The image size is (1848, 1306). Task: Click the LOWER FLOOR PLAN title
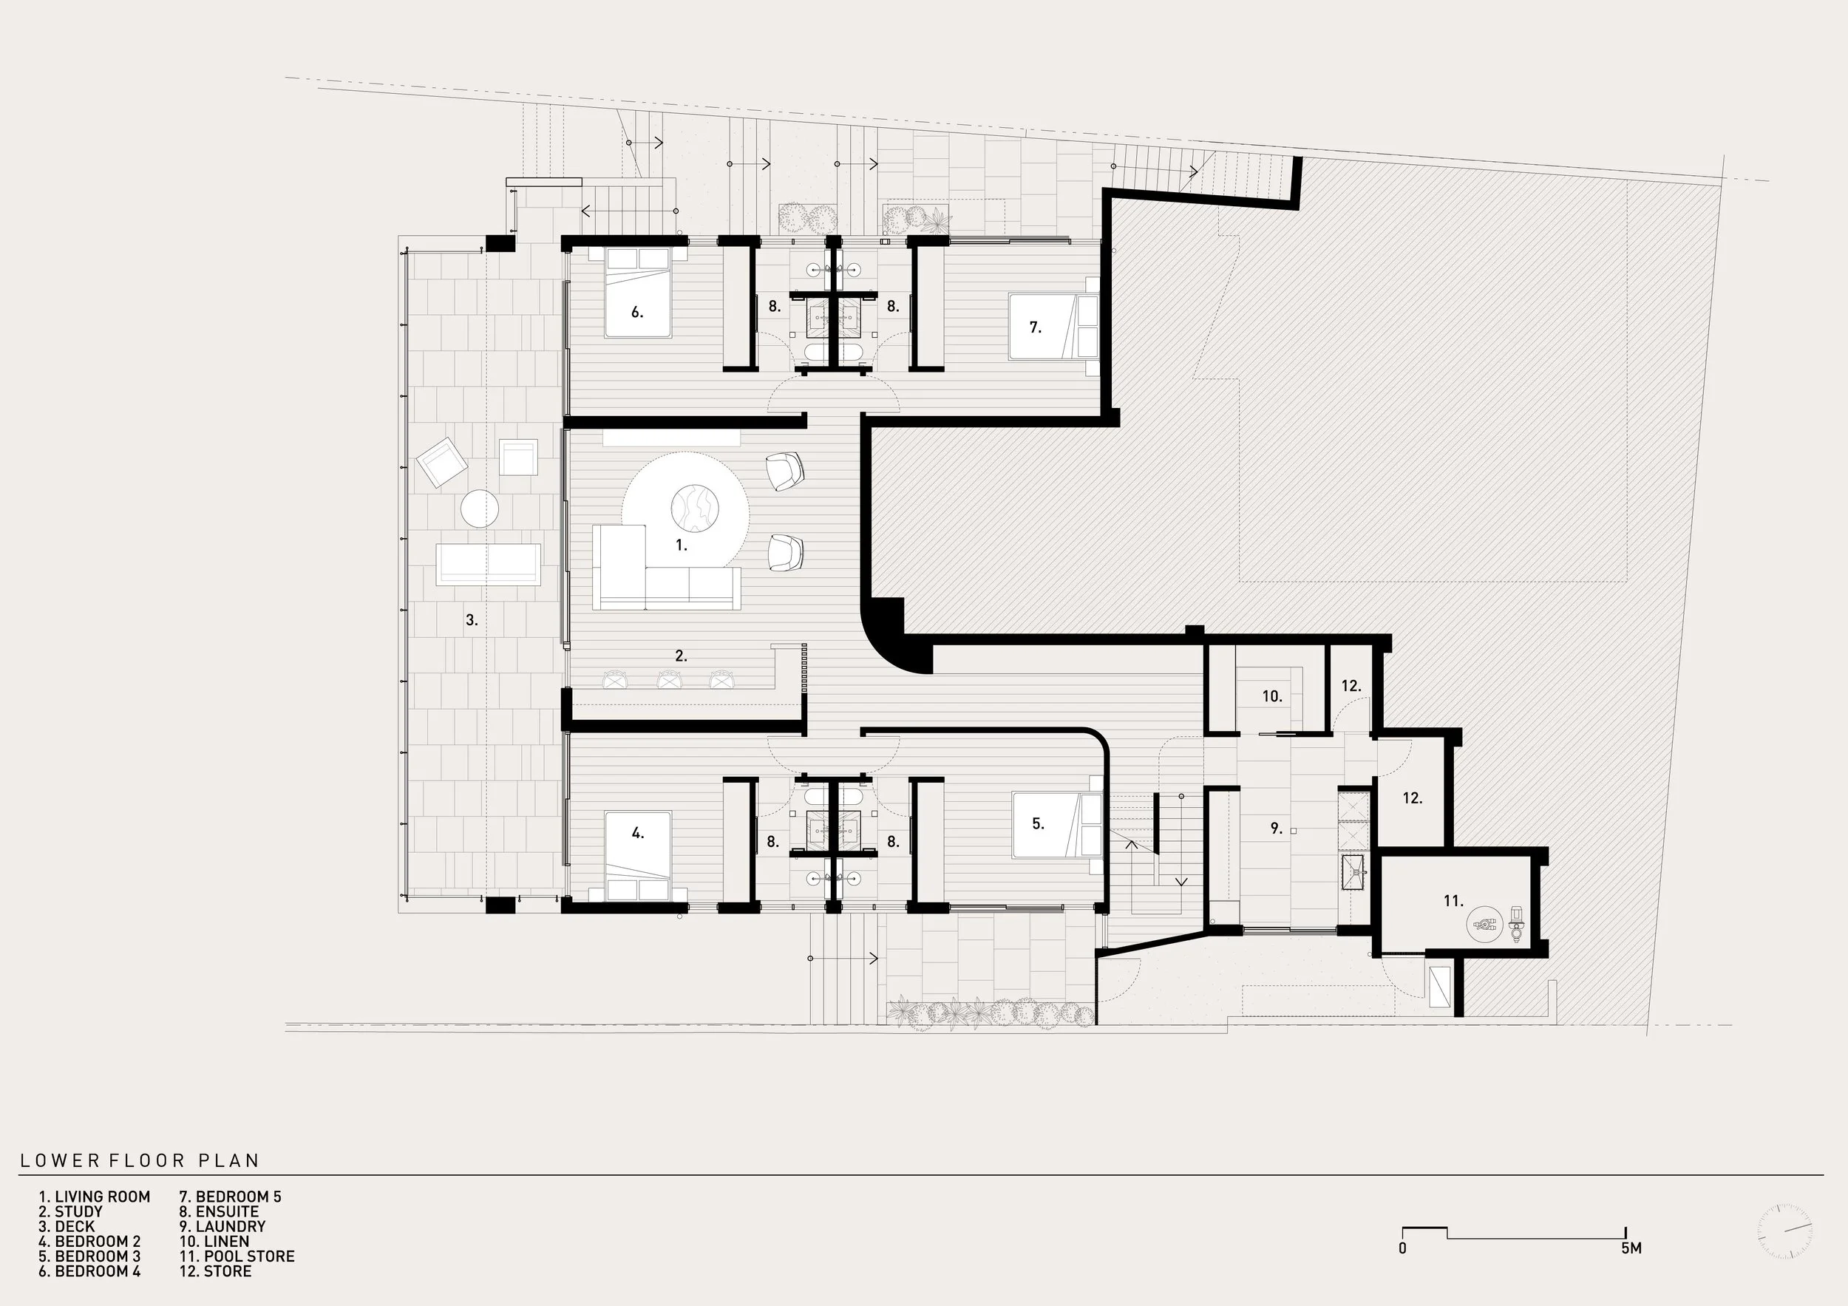click(x=140, y=1160)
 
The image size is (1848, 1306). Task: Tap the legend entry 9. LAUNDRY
click(x=222, y=1226)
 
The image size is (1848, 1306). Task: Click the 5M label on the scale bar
click(x=1631, y=1248)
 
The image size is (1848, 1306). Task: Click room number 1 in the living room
click(x=681, y=545)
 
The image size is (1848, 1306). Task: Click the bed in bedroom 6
click(x=637, y=293)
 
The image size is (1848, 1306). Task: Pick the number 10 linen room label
click(x=1271, y=696)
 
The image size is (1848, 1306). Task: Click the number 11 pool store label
click(x=1453, y=901)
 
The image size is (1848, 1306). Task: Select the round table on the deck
click(x=480, y=509)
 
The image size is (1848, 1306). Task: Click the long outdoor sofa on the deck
click(x=488, y=564)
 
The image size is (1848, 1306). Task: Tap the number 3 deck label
click(x=472, y=619)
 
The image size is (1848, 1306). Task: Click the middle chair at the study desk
click(x=669, y=680)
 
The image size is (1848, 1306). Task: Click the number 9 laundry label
click(x=1276, y=828)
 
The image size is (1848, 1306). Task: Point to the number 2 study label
click(x=681, y=656)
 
